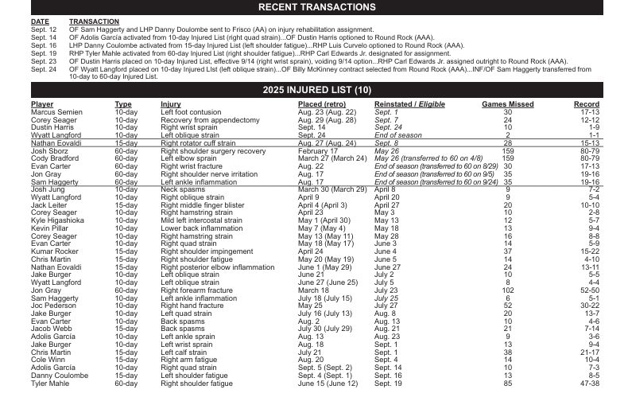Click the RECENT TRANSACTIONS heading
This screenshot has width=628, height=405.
click(316, 7)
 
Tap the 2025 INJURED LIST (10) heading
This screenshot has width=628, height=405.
click(316, 91)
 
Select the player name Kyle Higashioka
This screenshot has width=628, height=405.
click(60, 220)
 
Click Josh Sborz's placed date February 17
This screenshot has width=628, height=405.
click(317, 151)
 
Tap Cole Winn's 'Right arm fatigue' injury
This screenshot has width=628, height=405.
click(188, 359)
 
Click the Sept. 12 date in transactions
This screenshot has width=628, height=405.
click(44, 29)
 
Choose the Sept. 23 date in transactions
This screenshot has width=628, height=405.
click(44, 60)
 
